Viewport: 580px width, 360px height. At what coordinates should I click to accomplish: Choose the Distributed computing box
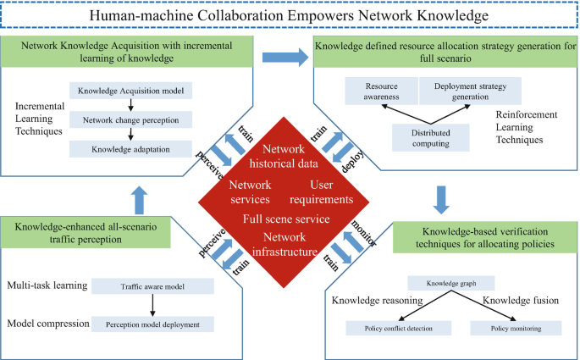click(421, 137)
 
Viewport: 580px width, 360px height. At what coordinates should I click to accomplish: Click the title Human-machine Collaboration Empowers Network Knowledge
click(290, 17)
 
